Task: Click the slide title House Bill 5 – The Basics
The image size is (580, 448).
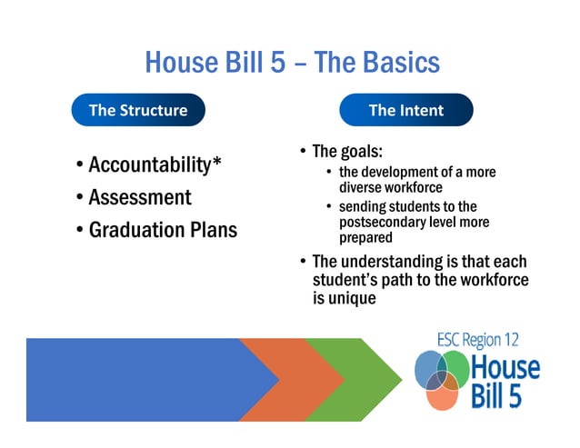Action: point(291,62)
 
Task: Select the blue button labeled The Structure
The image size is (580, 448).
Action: point(138,110)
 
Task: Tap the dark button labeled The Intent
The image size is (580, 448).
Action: point(406,110)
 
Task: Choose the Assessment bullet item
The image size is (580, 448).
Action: point(140,197)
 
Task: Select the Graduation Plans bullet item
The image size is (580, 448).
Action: point(163,230)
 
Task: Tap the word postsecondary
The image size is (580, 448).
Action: point(387,222)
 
